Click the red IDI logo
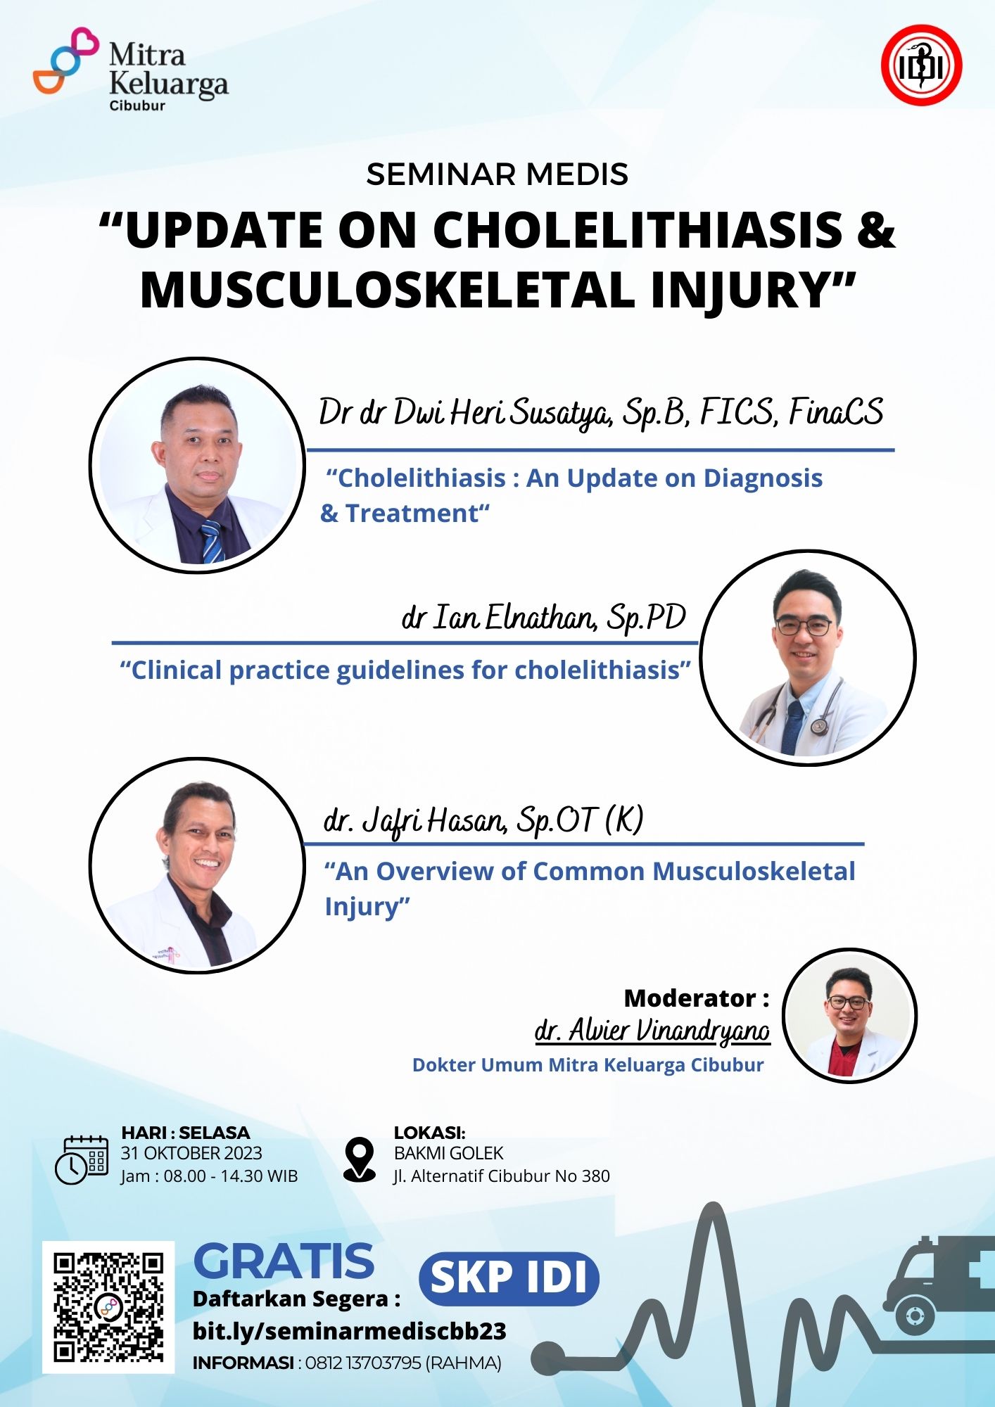pyautogui.click(x=922, y=65)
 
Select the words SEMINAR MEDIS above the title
pyautogui.click(x=497, y=174)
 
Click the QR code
pyautogui.click(x=108, y=1307)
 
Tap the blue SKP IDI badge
pyautogui.click(x=509, y=1278)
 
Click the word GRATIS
pyautogui.click(x=284, y=1261)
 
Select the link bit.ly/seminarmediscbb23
pyautogui.click(x=350, y=1331)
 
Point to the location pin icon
pyautogui.click(x=360, y=1159)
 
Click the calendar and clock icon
pyautogui.click(x=82, y=1159)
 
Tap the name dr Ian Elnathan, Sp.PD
pyautogui.click(x=543, y=618)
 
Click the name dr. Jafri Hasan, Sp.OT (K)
pyautogui.click(x=483, y=821)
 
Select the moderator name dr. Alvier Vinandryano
pyautogui.click(x=652, y=1030)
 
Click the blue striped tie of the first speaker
pyautogui.click(x=211, y=541)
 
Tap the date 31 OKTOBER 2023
pyautogui.click(x=191, y=1154)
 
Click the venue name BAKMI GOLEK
pyautogui.click(x=448, y=1154)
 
